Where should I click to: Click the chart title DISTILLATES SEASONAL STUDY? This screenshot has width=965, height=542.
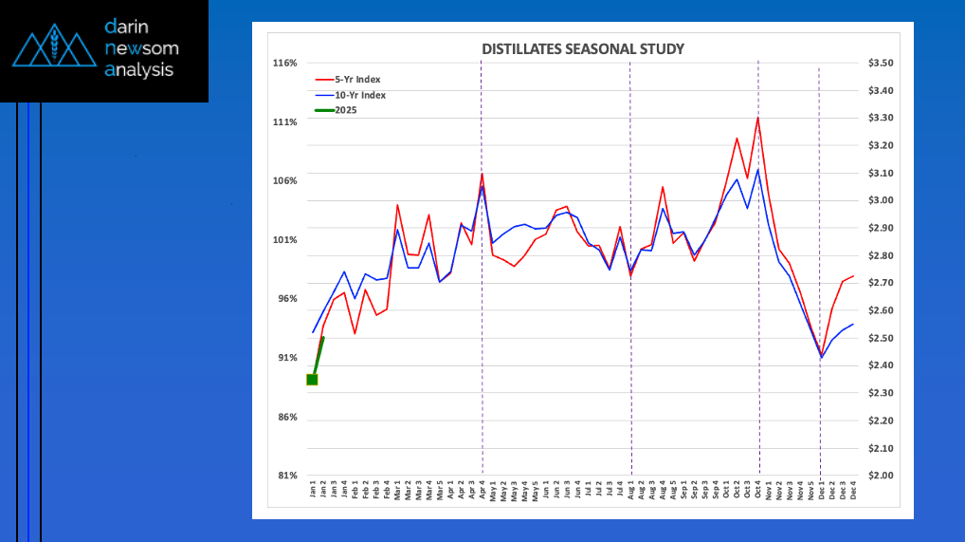583,48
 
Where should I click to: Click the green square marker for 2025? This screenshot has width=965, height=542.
312,380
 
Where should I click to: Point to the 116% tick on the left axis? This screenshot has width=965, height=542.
285,64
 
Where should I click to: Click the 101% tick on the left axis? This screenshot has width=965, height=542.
285,240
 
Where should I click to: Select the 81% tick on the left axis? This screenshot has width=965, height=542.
287,476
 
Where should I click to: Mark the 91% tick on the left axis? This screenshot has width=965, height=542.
287,358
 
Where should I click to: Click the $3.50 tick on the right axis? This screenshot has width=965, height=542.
881,64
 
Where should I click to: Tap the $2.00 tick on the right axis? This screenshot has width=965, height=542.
881,476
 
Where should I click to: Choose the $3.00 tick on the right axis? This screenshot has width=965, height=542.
881,201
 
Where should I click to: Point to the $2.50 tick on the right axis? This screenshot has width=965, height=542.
881,339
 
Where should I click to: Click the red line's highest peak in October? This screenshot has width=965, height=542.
757,118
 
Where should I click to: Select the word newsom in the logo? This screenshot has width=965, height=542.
142,47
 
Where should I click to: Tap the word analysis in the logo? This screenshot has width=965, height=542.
139,69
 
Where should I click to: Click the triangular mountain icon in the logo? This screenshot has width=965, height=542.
53,48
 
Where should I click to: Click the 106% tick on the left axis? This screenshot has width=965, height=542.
285,181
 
